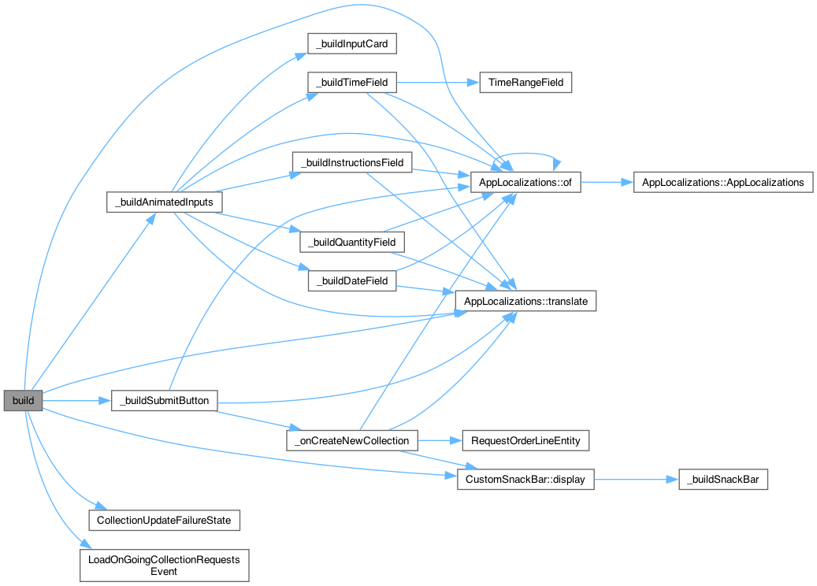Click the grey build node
(23, 401)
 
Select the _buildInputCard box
(351, 44)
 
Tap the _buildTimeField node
(351, 83)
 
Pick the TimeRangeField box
(525, 83)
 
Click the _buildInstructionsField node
(351, 163)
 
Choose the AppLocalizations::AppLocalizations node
(723, 182)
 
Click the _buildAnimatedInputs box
(164, 202)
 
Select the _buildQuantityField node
(351, 242)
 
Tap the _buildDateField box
(351, 281)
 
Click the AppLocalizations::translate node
(525, 301)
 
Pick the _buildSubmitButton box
(164, 401)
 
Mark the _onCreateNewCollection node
(351, 440)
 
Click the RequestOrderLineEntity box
(525, 440)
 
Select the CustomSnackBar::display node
(525, 479)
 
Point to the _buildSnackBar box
(723, 480)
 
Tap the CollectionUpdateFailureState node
(164, 520)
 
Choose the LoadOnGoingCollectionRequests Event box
(164, 565)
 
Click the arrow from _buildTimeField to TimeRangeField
(438, 83)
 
